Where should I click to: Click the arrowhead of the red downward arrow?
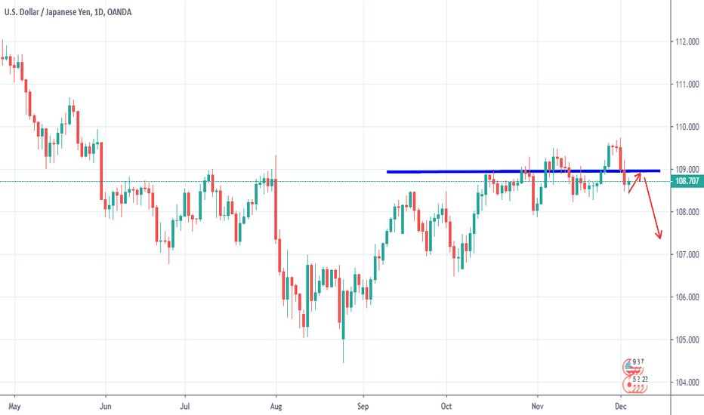(659, 237)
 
